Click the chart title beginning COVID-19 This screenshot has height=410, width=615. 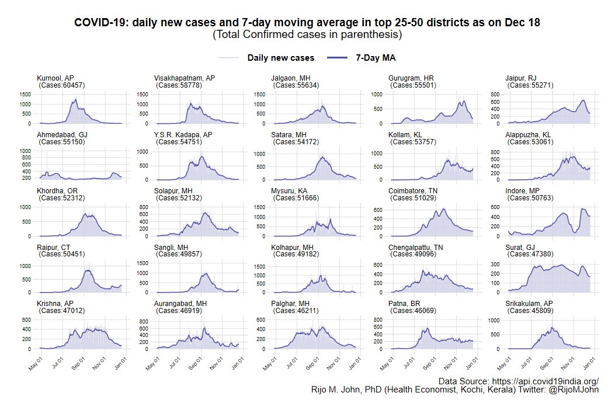(307, 23)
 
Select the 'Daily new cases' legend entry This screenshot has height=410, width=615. (280, 58)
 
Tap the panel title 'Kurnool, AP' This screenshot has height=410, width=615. (55, 78)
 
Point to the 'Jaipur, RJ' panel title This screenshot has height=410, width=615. (523, 78)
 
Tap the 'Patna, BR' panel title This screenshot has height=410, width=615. (406, 304)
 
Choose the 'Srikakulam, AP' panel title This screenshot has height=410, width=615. (531, 304)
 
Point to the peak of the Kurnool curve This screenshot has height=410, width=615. (75, 100)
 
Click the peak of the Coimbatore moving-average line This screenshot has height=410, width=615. (444, 209)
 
